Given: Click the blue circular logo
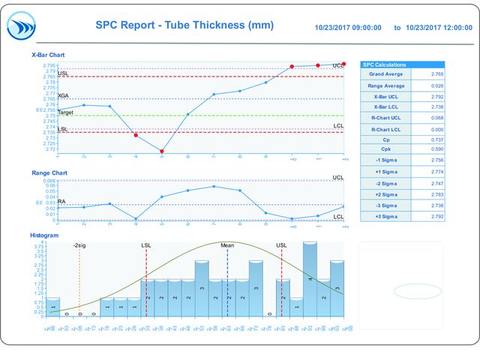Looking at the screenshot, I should [x=21, y=26].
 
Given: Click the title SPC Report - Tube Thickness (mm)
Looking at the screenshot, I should [x=184, y=25].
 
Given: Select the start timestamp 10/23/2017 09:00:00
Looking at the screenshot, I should [x=349, y=28].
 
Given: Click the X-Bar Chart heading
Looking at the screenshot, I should [x=47, y=55].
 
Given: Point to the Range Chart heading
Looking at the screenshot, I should [x=49, y=173].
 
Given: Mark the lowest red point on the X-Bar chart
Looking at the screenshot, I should [x=161, y=151].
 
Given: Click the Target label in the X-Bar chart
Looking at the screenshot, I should [x=65, y=112].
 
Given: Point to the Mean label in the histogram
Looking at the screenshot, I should [x=226, y=245].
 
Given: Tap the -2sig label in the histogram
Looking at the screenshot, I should [x=79, y=245].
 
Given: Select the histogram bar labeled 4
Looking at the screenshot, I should [x=310, y=277].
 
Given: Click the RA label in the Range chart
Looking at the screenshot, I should [x=61, y=201].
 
